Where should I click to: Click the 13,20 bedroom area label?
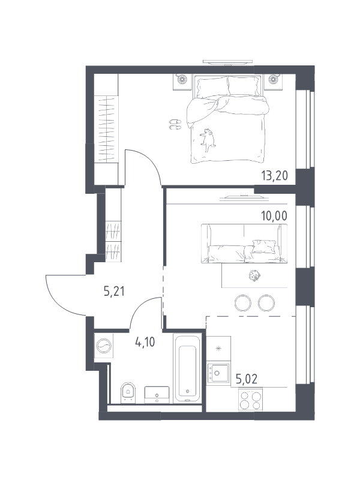coord(275,176)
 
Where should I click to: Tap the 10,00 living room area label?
coord(274,216)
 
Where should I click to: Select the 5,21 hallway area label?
coord(114,291)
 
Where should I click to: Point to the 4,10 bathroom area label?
coord(145,342)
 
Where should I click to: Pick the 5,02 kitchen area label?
coord(247,379)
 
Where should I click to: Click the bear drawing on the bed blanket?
coord(208,140)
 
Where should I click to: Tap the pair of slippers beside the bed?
coord(175,124)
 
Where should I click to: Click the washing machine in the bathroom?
coord(104,346)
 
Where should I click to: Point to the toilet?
coord(128,392)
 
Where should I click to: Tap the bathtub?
coord(187,369)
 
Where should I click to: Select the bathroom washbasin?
coord(157,395)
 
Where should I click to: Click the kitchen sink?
coord(218,373)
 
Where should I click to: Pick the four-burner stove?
coord(250,400)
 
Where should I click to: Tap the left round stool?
coord(243,303)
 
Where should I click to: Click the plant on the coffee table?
coord(254,275)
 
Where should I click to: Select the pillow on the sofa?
coord(263,247)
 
